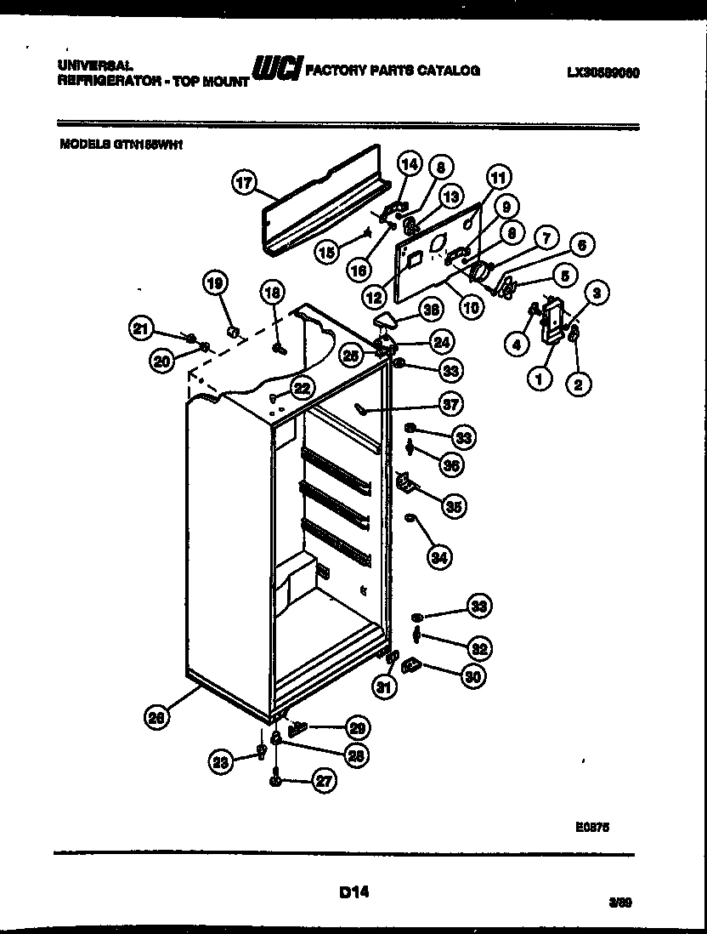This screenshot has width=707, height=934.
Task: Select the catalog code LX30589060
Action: [x=602, y=73]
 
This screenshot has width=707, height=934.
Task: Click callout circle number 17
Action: [x=244, y=181]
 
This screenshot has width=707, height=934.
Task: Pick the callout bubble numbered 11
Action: [x=498, y=178]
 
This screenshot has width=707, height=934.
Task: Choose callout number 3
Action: [x=597, y=293]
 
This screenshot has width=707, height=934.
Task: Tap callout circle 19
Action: [x=216, y=284]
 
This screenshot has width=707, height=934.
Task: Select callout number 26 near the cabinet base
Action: [x=156, y=717]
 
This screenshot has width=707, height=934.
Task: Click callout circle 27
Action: [x=324, y=781]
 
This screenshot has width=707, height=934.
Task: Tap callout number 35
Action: [x=455, y=507]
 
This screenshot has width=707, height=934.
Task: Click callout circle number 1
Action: [x=539, y=379]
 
